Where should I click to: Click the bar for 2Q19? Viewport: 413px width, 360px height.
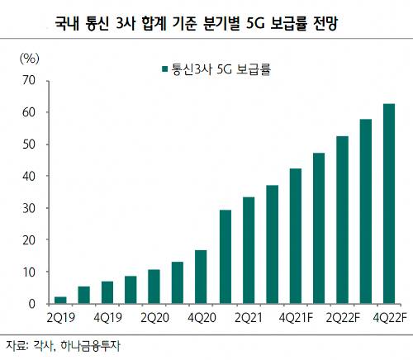click(60, 300)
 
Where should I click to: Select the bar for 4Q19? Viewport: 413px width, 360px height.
click(107, 292)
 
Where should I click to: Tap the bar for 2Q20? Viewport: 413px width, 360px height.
click(154, 287)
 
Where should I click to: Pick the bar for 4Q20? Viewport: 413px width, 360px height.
click(201, 277)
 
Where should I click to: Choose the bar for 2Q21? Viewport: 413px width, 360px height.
click(248, 250)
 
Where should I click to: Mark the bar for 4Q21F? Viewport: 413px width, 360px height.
click(295, 236)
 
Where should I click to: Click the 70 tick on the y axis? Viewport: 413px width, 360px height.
click(31, 80)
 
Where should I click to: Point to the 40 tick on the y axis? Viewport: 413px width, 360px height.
click(31, 176)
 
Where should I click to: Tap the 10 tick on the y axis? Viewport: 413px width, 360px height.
click(31, 272)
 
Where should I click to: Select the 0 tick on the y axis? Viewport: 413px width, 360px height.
click(34, 304)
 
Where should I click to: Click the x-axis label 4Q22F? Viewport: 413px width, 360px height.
click(389, 317)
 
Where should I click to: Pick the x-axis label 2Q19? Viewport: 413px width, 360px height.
click(60, 317)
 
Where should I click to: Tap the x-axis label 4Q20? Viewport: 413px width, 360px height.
click(201, 317)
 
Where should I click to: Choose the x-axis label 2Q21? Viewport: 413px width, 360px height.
click(248, 317)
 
